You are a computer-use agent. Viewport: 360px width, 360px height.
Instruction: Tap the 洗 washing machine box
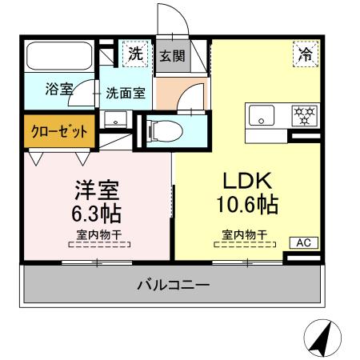(134, 55)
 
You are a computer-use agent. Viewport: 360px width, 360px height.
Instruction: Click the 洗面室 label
(126, 92)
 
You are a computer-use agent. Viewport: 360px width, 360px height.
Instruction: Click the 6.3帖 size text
(97, 214)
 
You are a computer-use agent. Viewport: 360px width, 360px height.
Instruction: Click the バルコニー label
(173, 285)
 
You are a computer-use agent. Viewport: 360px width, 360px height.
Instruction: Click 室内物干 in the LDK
(244, 235)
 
